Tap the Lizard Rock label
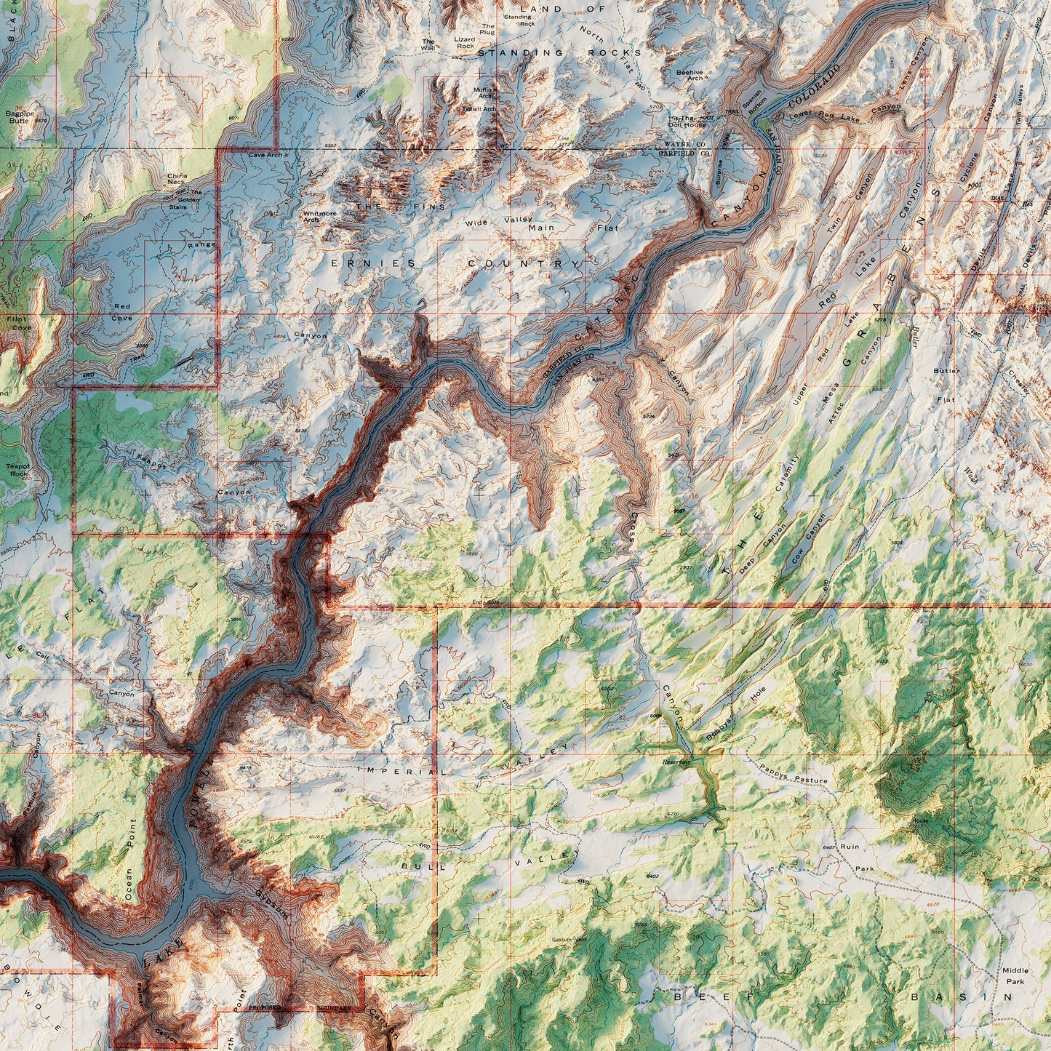(465, 43)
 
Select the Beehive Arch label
(690, 75)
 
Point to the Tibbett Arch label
(479, 109)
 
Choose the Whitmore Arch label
(319, 216)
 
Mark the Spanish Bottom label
(752, 97)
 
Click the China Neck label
(177, 179)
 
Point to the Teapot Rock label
(17, 470)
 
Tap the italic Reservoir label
(676, 762)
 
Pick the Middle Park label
(1015, 975)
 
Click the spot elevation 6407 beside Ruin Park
(828, 847)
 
